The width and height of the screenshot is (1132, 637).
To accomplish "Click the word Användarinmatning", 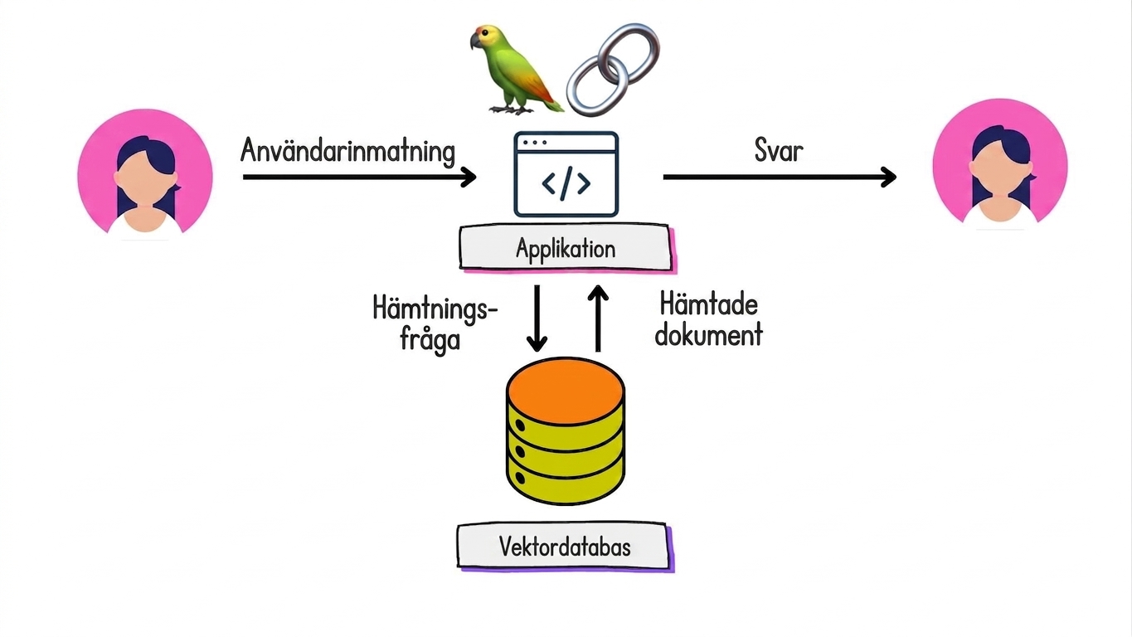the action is point(347,151).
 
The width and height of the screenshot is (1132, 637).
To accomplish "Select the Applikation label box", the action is point(565,247).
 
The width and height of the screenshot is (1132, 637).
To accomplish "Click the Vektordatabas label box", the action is point(565,547).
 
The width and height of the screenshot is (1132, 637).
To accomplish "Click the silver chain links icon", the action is point(613,69).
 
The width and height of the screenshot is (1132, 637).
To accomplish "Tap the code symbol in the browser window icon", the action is point(566,182).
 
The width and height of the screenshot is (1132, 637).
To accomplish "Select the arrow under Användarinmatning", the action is point(359,177).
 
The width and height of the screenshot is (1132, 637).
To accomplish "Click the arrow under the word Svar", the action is point(780,177).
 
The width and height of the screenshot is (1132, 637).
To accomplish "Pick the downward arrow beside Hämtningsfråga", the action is point(537,318).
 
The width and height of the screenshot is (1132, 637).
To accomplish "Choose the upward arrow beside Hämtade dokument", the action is point(598,318).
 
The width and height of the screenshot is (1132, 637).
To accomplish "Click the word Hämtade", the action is point(708,305).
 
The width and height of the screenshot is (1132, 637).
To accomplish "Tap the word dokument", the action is point(708,334).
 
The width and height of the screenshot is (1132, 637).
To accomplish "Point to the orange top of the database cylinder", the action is point(566,391).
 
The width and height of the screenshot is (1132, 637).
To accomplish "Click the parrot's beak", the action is point(475,41).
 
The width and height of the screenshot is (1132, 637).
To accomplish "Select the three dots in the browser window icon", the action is point(536,143).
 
